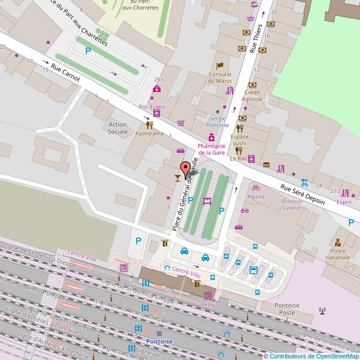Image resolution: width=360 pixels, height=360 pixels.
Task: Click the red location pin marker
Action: click(184, 169)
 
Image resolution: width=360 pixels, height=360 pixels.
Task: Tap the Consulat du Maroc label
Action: click(220, 78)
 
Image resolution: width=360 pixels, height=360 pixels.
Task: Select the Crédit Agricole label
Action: click(252, 95)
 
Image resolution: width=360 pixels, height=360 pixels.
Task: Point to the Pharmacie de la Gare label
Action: click(212, 149)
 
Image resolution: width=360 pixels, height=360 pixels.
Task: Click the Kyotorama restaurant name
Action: click(150, 133)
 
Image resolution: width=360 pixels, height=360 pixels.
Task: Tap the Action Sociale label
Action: click(117, 128)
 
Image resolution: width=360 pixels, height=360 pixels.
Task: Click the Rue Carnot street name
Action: click(65, 72)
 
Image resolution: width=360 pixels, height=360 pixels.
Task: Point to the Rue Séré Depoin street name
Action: click(302, 194)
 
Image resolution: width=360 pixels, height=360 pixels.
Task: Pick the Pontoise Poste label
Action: click(287, 308)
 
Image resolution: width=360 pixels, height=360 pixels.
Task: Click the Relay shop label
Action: click(208, 305)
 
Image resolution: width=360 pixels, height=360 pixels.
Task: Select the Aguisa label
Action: click(256, 196)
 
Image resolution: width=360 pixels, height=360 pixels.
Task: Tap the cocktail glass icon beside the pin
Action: click(176, 178)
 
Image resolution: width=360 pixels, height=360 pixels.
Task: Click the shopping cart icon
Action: click(181, 123)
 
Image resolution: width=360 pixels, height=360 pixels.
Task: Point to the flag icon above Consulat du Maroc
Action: click(219, 66)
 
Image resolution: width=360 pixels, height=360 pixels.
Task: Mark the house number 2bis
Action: click(159, 80)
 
